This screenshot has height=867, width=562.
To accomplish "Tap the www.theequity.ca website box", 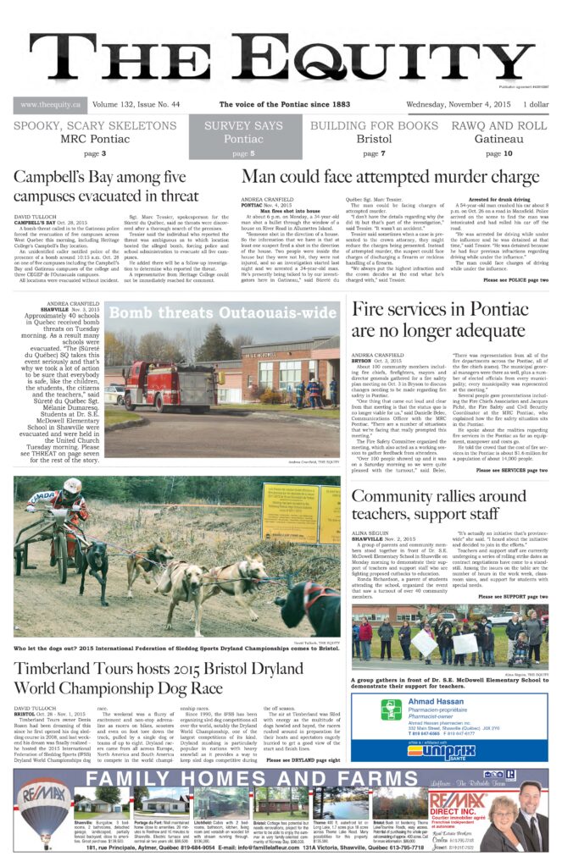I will pos(50,105).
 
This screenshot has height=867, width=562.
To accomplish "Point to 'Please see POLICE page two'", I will pos(515,280).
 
